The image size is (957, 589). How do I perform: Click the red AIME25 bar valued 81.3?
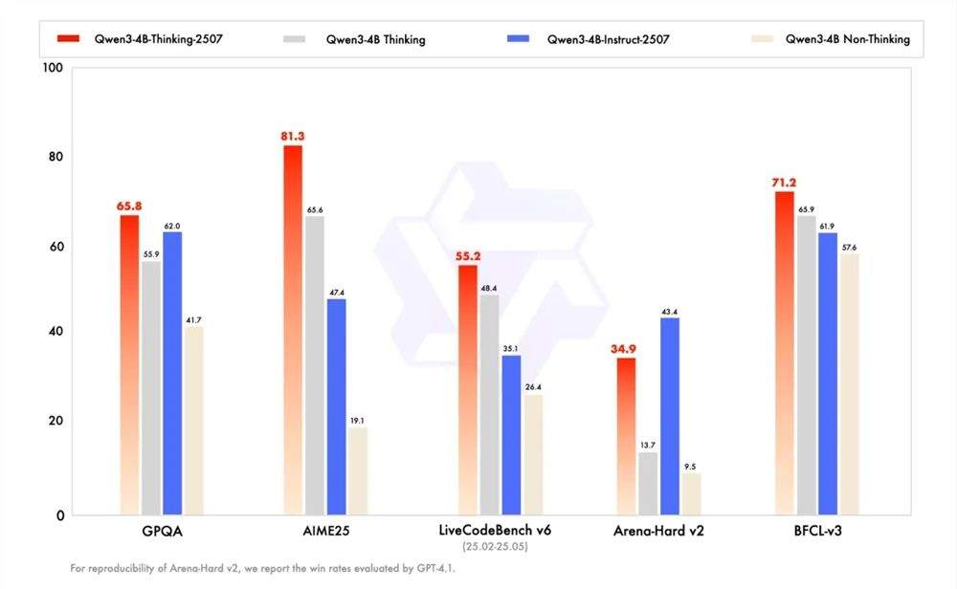click(x=293, y=330)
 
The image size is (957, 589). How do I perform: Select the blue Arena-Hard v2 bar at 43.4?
click(x=670, y=417)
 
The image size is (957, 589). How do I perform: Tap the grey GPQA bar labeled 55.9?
click(x=151, y=388)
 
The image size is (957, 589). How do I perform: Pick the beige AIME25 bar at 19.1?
click(x=358, y=471)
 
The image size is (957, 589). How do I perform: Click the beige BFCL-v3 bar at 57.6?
click(x=849, y=384)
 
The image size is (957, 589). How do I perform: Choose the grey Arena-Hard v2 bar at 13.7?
click(x=648, y=484)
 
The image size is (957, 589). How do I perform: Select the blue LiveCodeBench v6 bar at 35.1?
click(x=511, y=435)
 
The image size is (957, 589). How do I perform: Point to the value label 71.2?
click(x=784, y=183)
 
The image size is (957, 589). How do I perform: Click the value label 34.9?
click(x=623, y=349)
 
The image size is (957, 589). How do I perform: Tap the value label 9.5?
click(x=690, y=467)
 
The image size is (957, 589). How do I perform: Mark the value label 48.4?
click(x=489, y=288)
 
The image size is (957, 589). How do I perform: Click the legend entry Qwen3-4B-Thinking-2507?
click(x=141, y=39)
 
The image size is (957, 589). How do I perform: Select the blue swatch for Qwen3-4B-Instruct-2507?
click(x=518, y=38)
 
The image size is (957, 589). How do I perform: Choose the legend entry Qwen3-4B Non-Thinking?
click(x=831, y=39)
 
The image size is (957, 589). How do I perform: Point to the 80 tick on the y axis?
click(x=56, y=157)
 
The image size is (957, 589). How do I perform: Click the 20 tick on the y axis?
click(x=56, y=421)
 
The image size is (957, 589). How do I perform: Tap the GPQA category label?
click(x=163, y=531)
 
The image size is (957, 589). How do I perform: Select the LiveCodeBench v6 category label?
click(x=495, y=530)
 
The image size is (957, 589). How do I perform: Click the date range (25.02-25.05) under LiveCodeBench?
click(x=495, y=546)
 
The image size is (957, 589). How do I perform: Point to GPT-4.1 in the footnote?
click(x=435, y=568)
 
